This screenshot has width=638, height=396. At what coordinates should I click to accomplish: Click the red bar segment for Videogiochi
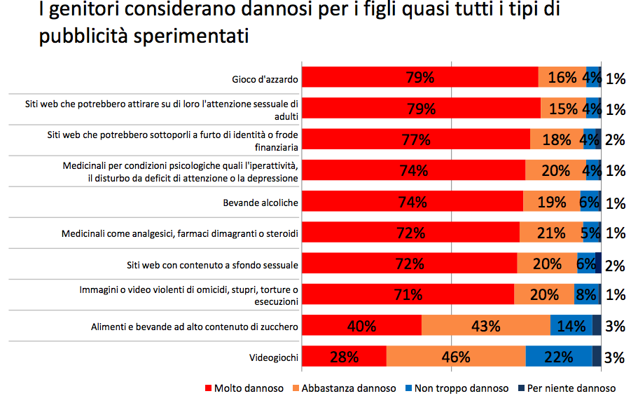pos(344,356)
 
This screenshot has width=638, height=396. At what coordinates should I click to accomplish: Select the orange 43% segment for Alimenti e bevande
pos(485,325)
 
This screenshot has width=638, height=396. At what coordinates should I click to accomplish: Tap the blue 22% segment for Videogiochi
pos(558,356)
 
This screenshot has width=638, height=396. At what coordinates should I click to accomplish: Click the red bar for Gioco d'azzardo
pos(420,78)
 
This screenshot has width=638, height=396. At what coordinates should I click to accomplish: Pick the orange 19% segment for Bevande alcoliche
pos(551,202)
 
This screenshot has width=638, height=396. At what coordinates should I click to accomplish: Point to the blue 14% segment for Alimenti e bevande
pos(570,325)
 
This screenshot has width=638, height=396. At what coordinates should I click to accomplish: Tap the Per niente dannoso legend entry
pos(568,388)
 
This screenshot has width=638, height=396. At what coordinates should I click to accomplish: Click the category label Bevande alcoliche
pos(261,203)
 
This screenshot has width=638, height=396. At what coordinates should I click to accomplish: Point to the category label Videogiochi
pos(274,357)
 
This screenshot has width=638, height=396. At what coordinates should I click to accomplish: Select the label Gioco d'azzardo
pos(265,79)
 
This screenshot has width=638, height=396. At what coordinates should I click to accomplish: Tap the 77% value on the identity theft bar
pos(417,139)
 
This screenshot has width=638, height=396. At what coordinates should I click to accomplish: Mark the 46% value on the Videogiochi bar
pos(455,356)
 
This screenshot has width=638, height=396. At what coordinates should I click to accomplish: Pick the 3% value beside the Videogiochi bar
pos(614,357)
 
